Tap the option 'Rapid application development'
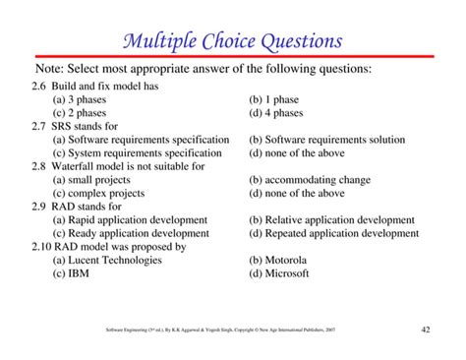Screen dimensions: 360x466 139,220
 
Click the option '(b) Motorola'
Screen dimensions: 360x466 279,261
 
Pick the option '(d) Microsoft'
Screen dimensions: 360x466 280,274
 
